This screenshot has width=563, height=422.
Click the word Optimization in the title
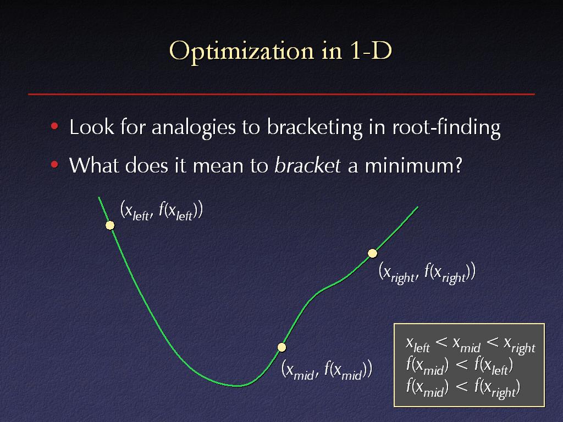[242, 51]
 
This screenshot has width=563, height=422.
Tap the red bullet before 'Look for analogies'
[54, 126]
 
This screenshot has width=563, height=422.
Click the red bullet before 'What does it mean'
[54, 164]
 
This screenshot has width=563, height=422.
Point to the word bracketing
[314, 127]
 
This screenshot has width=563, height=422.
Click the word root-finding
[446, 127]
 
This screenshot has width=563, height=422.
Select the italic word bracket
[307, 165]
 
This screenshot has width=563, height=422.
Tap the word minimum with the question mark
[413, 165]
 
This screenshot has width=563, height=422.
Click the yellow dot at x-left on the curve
[110, 225]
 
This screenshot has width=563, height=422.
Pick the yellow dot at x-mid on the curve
[282, 347]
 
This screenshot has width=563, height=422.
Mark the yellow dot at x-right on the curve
[372, 253]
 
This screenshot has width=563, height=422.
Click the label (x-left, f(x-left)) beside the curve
[162, 210]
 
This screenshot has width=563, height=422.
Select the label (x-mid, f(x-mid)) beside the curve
[327, 369]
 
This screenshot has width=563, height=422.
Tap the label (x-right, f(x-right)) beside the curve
[427, 273]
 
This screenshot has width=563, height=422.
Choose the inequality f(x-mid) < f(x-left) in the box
[460, 365]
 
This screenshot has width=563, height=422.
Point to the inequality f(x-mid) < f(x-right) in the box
[463, 387]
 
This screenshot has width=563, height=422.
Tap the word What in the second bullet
[94, 165]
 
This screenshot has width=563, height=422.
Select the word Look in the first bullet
[92, 127]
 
